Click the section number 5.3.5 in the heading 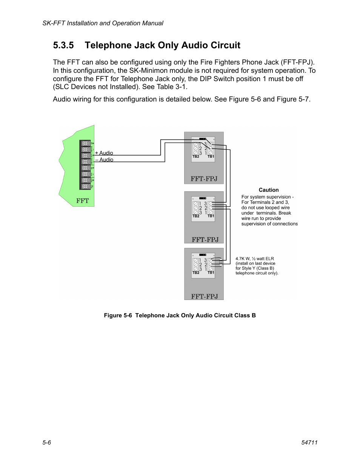(x=63, y=46)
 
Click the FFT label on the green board (x=82, y=201)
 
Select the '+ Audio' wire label (x=104, y=153)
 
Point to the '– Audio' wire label (x=104, y=160)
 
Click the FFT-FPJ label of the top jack (x=204, y=178)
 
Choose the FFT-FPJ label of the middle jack (x=205, y=239)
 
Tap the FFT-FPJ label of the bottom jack (x=204, y=296)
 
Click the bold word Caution (x=269, y=190)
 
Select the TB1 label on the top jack (x=211, y=157)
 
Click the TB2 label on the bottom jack (x=195, y=272)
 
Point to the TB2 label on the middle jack (x=195, y=216)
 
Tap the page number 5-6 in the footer (x=47, y=442)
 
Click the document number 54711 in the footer (x=309, y=442)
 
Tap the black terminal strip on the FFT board (x=85, y=165)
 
